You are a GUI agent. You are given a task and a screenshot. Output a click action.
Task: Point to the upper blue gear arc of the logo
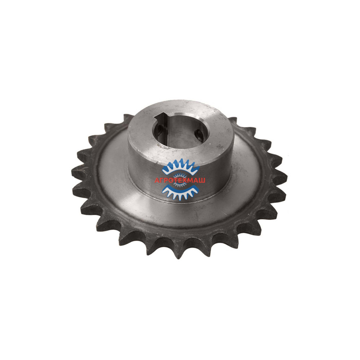coord(181,167)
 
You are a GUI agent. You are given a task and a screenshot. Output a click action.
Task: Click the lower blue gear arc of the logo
coord(180,191)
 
